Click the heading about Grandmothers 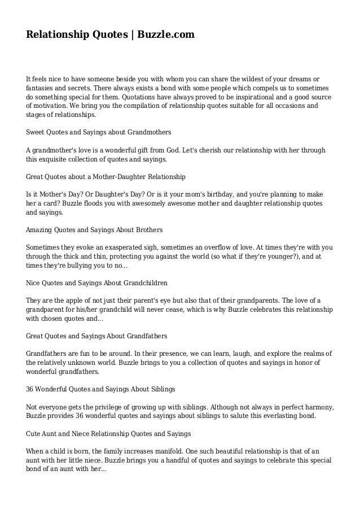tap(99, 133)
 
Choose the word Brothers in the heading tap(148, 230)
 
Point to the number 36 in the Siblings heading tap(30, 390)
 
